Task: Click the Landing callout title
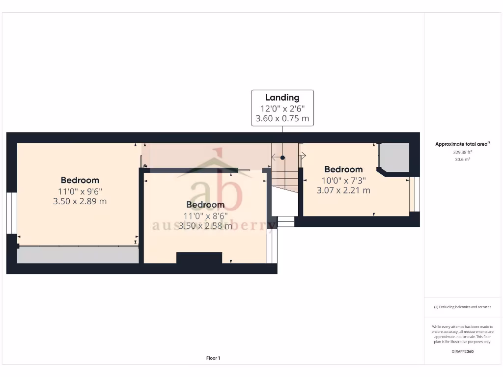pyautogui.click(x=282, y=97)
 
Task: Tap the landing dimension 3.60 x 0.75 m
pyautogui.click(x=282, y=118)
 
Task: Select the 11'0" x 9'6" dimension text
pyautogui.click(x=80, y=191)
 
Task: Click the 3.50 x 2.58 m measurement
pyautogui.click(x=205, y=226)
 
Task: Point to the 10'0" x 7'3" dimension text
pyautogui.click(x=344, y=180)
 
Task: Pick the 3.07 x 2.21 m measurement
pyautogui.click(x=344, y=190)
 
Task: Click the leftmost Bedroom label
pyautogui.click(x=80, y=180)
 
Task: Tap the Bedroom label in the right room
pyautogui.click(x=344, y=169)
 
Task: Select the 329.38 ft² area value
pyautogui.click(x=462, y=152)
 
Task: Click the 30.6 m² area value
pyautogui.click(x=462, y=159)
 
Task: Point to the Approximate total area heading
pyautogui.click(x=462, y=144)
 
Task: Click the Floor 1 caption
pyautogui.click(x=213, y=358)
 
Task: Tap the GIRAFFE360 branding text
pyautogui.click(x=462, y=351)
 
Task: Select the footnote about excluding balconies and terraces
pyautogui.click(x=462, y=307)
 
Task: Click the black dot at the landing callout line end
pyautogui.click(x=282, y=158)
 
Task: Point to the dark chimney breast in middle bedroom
pyautogui.click(x=199, y=258)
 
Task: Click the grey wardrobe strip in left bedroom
pyautogui.click(x=78, y=255)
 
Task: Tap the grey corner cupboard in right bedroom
pyautogui.click(x=395, y=157)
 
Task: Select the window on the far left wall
pyautogui.click(x=12, y=213)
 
